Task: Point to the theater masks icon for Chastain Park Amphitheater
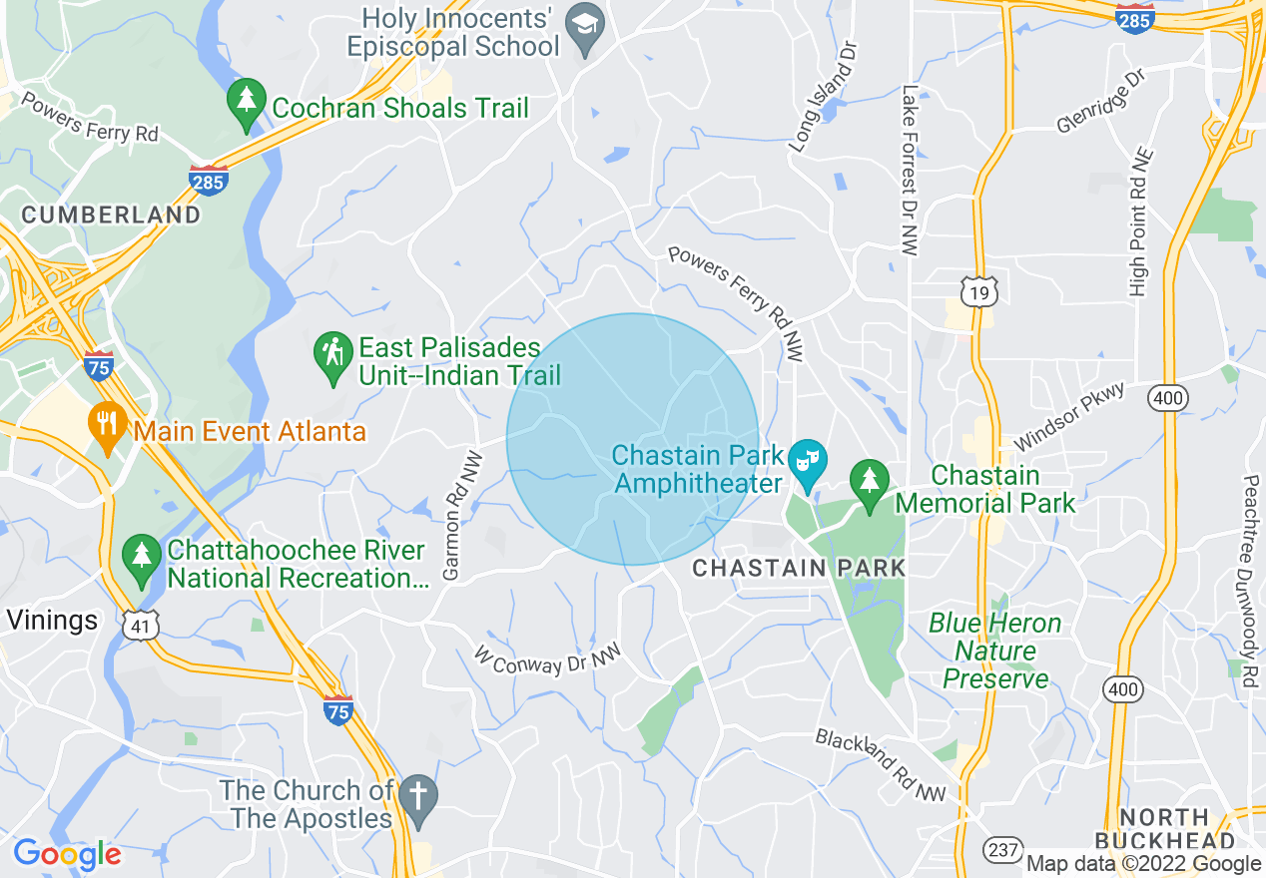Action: coord(806,462)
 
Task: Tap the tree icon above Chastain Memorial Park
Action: coord(870,483)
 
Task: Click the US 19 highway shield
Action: coord(978,290)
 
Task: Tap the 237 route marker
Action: coord(1001,850)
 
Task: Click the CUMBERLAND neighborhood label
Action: coord(111,215)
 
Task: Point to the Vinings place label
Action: coord(52,621)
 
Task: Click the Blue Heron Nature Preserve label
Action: coord(995,652)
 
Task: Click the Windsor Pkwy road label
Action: coord(1068,416)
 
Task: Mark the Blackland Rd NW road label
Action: coord(880,765)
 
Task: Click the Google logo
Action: coord(67,854)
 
